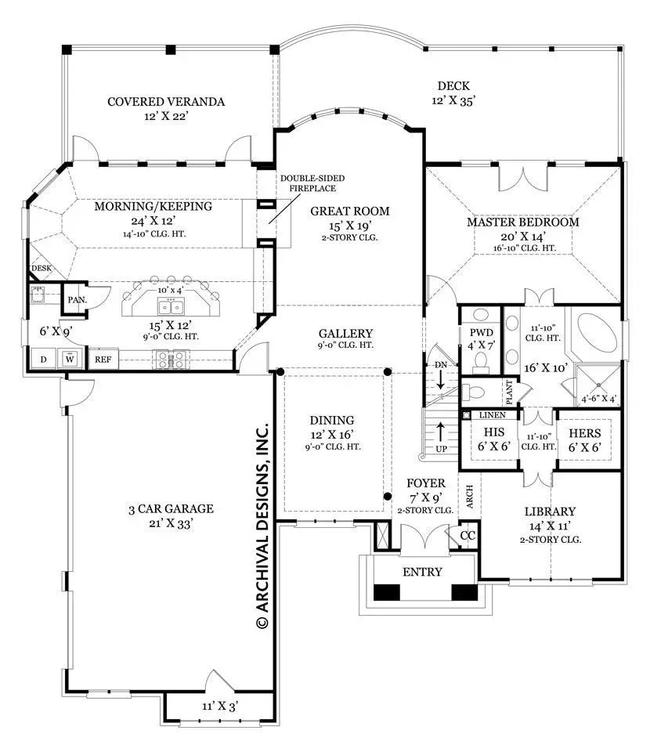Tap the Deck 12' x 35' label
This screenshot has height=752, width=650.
tap(453, 93)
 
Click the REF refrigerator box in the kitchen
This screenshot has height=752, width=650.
tap(103, 360)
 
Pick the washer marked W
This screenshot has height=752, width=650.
tap(70, 359)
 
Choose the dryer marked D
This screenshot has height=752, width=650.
tap(44, 359)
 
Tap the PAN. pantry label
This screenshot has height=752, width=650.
tap(78, 300)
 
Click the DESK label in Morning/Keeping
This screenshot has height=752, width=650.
tap(42, 268)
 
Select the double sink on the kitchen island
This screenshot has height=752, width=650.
tap(170, 306)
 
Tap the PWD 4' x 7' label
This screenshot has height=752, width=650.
tap(482, 338)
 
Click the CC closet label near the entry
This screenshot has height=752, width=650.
tap(468, 535)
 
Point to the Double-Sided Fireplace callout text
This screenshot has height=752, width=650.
tap(312, 183)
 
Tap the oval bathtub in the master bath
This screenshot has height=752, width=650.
tap(597, 334)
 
